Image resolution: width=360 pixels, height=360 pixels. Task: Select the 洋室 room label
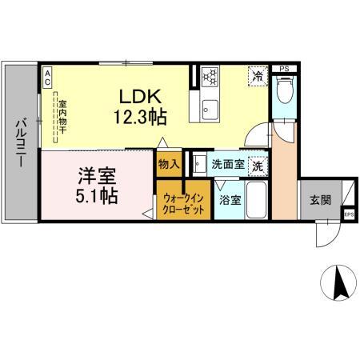point(95,174)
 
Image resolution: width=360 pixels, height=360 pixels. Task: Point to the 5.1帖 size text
point(95,196)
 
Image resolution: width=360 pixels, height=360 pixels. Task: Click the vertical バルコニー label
point(20,142)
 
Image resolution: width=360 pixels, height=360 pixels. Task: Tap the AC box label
point(47,78)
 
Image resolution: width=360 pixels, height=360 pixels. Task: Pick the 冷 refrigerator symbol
point(258,77)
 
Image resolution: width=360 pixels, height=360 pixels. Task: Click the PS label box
point(286,69)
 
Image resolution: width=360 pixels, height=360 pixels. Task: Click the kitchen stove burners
point(211,77)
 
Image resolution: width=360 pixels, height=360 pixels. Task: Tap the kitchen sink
point(210,110)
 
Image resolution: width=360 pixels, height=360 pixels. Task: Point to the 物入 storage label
point(167,166)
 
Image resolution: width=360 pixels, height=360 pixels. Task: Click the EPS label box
point(348,214)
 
